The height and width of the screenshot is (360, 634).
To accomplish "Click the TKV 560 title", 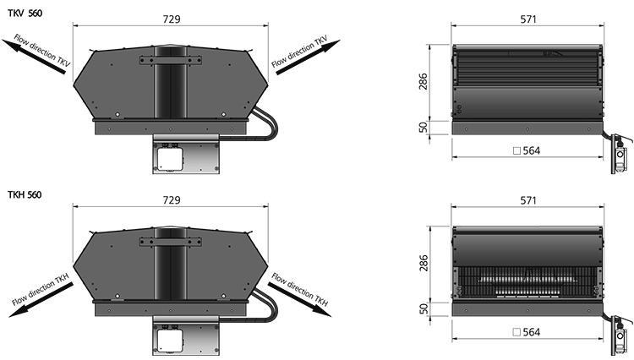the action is pyautogui.click(x=25, y=14).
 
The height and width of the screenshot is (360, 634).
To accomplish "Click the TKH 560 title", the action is pyautogui.click(x=25, y=194).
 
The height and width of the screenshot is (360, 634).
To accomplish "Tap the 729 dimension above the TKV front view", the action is pyautogui.click(x=172, y=19).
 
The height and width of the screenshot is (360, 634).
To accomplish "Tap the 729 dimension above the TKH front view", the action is pyautogui.click(x=172, y=200).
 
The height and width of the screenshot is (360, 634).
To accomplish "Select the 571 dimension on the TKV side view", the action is pyautogui.click(x=528, y=19).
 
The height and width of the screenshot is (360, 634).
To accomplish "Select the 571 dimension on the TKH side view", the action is pyautogui.click(x=528, y=200).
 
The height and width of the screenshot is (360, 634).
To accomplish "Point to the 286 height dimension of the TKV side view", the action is pyautogui.click(x=423, y=82).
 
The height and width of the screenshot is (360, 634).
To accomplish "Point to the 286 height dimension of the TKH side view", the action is pyautogui.click(x=423, y=263).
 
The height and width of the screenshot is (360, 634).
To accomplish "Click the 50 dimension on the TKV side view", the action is pyautogui.click(x=423, y=128).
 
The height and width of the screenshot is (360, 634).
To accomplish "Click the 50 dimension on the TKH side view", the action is pyautogui.click(x=423, y=309).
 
